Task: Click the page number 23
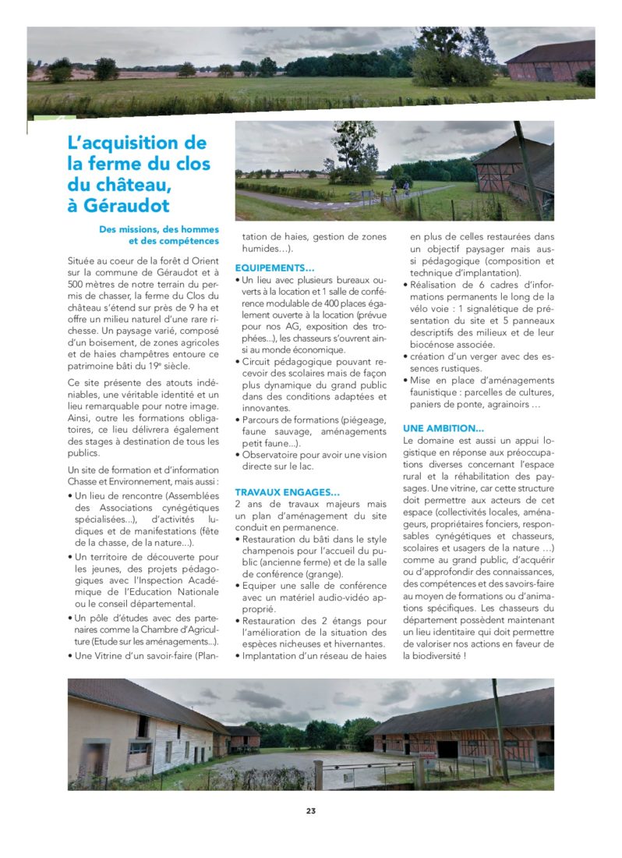310,811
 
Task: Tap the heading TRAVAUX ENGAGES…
287,492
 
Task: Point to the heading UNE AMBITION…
443,428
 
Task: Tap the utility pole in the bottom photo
498,729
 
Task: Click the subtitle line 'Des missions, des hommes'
159,229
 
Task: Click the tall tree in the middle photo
350,152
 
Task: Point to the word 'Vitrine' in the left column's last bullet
110,655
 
